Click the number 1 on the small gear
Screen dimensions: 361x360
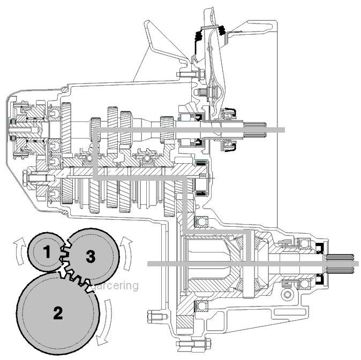pos(47,252)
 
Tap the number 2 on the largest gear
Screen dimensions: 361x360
pos(58,312)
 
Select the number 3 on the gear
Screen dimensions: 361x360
pos(91,256)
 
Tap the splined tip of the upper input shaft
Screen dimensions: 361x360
pos(255,130)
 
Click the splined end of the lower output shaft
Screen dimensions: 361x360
pos(340,264)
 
